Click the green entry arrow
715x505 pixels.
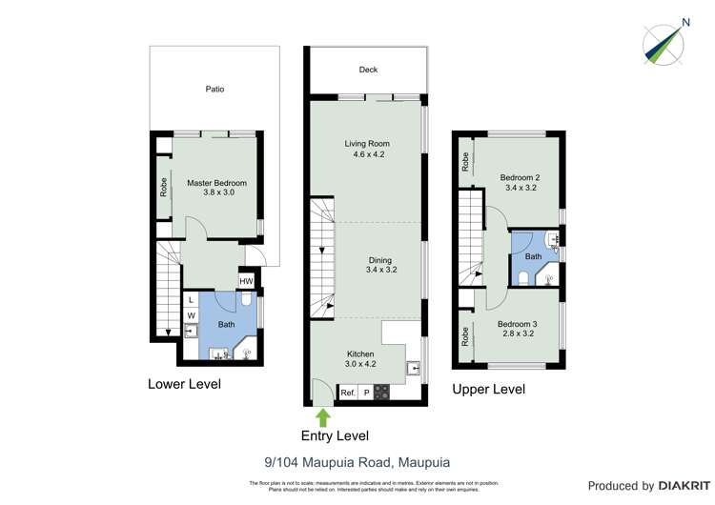click(x=323, y=416)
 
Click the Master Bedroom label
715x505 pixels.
click(x=216, y=188)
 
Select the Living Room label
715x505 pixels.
click(x=367, y=149)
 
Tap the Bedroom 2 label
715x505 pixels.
click(x=520, y=181)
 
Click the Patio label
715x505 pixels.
click(x=215, y=89)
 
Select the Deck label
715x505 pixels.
click(x=368, y=70)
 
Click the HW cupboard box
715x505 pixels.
click(x=246, y=280)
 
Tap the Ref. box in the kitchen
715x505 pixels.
click(x=347, y=392)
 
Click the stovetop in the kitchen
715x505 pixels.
click(x=381, y=392)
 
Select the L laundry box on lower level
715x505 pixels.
click(x=191, y=299)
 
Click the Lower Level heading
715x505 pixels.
click(x=184, y=384)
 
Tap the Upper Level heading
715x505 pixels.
click(x=488, y=389)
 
